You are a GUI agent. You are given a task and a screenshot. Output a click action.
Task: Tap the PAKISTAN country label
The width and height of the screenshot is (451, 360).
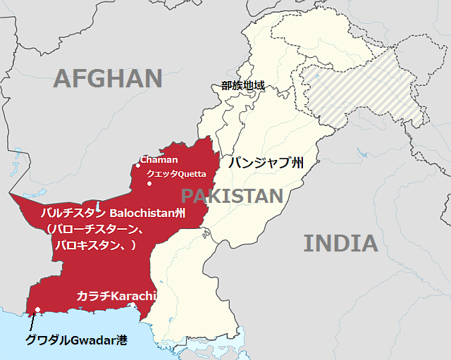[x=232, y=196]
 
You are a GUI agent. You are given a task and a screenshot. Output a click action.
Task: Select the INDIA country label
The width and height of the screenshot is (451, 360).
[x=340, y=244]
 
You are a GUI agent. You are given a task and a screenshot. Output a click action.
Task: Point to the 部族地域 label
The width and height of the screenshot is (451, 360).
[x=242, y=86]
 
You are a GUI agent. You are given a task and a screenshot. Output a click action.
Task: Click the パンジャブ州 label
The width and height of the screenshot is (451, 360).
[x=266, y=164]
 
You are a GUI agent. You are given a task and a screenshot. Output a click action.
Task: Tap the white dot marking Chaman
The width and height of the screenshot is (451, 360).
[x=138, y=166]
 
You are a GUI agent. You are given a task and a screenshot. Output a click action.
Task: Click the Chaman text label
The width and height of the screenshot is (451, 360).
[x=159, y=160]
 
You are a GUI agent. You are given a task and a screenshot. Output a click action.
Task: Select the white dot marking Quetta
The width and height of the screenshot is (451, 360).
[x=149, y=184]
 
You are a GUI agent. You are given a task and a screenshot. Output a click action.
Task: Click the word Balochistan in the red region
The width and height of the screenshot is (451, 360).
[x=140, y=213]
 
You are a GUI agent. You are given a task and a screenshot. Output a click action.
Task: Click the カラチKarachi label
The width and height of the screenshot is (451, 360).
[x=116, y=295]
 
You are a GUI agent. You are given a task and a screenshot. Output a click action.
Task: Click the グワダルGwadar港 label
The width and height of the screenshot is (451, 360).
[x=76, y=340]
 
